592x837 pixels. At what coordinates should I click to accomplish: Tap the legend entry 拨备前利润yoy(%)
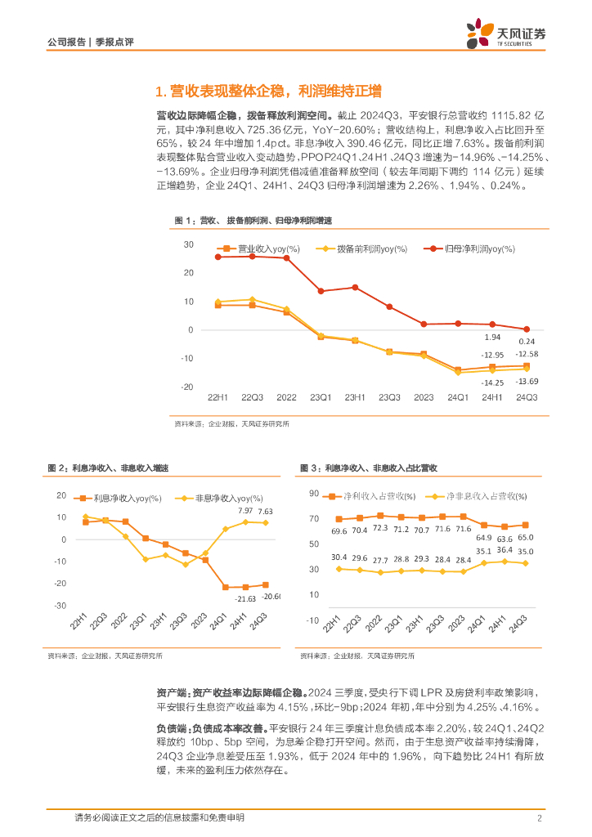click(x=365, y=248)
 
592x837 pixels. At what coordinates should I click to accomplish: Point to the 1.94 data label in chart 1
click(x=491, y=337)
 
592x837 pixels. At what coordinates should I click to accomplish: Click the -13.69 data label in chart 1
click(x=527, y=382)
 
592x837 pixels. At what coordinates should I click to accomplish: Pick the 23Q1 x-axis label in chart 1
click(x=321, y=397)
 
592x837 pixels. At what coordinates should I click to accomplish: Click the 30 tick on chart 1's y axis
click(x=188, y=244)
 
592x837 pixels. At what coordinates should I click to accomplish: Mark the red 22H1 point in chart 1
click(x=218, y=257)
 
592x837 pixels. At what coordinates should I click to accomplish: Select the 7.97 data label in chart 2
click(x=245, y=511)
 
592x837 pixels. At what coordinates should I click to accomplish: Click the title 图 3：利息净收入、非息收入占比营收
click(x=369, y=468)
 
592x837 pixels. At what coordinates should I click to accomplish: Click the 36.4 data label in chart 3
click(x=505, y=549)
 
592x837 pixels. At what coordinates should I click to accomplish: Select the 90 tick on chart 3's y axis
click(x=313, y=494)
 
